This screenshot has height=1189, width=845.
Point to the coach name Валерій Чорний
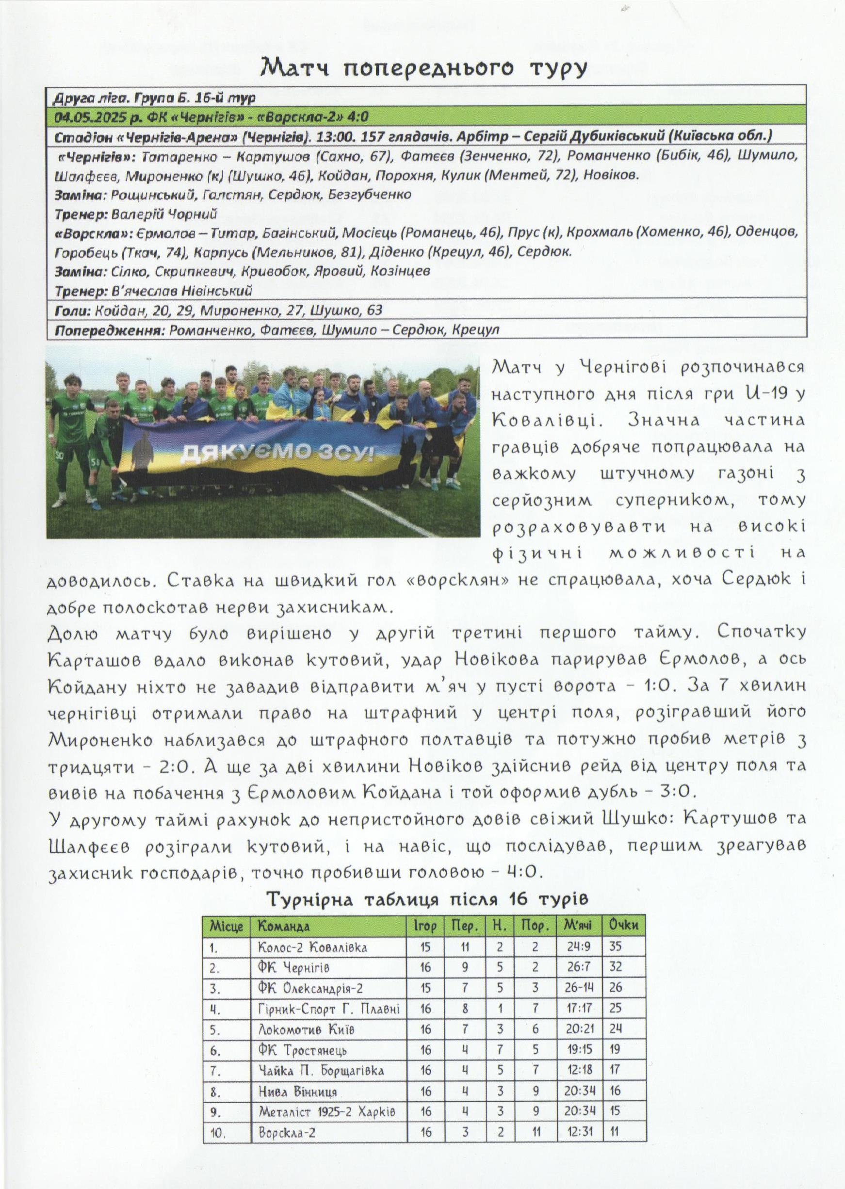click(160, 214)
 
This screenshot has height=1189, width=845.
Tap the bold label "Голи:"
click(73, 310)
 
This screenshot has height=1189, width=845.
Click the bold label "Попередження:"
click(109, 330)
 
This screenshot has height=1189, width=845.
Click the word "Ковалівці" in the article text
click(542, 420)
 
